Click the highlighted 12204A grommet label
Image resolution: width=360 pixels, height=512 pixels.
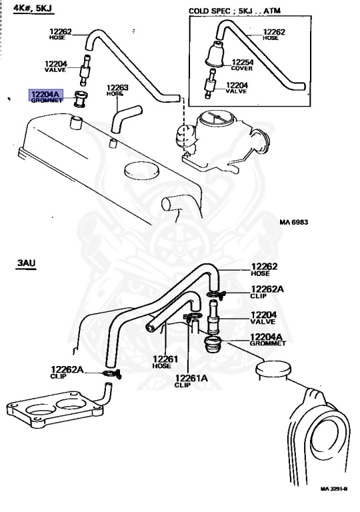(x=46, y=97)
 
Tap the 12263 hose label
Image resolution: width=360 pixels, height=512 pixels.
(x=117, y=90)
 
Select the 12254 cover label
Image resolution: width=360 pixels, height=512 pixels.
(x=243, y=65)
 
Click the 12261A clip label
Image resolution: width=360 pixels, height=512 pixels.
(x=191, y=381)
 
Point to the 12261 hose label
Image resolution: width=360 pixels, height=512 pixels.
(x=165, y=362)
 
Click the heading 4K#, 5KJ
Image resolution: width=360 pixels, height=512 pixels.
(x=33, y=8)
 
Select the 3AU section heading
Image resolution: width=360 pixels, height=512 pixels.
(x=26, y=263)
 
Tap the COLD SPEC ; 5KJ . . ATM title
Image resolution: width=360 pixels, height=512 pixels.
(x=235, y=11)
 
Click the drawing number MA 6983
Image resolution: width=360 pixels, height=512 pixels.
(x=294, y=222)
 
